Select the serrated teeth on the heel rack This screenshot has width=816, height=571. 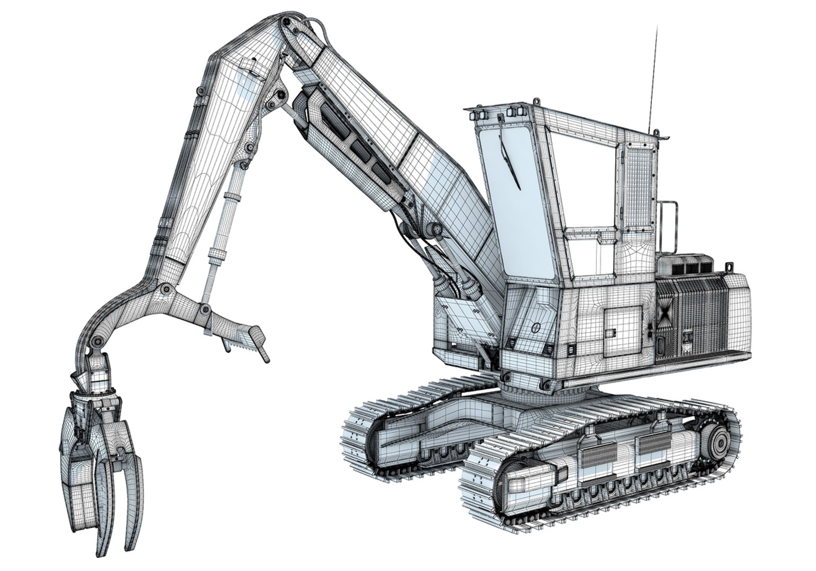tap(241, 344)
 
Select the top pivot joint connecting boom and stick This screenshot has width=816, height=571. tap(286, 23)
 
